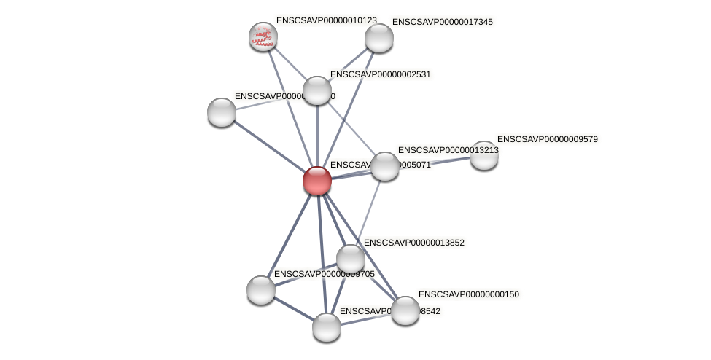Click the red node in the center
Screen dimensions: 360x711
tap(317, 181)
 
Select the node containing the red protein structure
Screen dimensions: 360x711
tap(263, 36)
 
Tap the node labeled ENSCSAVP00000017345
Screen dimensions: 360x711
tap(378, 38)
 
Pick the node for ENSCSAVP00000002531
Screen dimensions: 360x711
tap(317, 90)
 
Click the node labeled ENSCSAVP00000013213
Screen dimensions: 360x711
tap(385, 166)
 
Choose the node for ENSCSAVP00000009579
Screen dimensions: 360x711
tap(483, 155)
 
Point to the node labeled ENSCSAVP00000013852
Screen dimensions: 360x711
tap(351, 259)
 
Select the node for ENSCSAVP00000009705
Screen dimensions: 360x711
tap(261, 290)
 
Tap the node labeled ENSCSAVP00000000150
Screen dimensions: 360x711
tap(405, 310)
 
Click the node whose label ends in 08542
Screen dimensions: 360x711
tap(327, 327)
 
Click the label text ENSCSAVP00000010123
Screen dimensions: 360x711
tap(326, 20)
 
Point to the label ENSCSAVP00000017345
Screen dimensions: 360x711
tap(442, 22)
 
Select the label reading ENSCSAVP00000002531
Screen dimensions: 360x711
tap(381, 74)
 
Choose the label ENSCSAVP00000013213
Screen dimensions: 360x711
tap(448, 150)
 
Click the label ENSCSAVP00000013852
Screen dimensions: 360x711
tap(413, 243)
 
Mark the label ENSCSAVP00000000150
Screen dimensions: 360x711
tap(468, 294)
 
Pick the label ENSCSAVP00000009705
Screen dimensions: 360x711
tap(324, 274)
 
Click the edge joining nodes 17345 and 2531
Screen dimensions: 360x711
tap(348, 64)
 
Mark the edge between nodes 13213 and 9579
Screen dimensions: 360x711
tap(435, 160)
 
